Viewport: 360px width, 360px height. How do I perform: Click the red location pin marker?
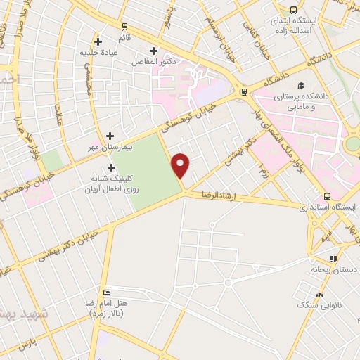pyautogui.click(x=181, y=165)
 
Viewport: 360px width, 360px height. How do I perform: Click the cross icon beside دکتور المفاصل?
pyautogui.click(x=154, y=50)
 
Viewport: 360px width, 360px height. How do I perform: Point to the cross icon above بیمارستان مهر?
pyautogui.click(x=110, y=136)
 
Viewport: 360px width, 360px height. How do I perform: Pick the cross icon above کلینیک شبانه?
pyautogui.click(x=111, y=167)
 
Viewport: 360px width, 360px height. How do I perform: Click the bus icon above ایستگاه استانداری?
pyautogui.click(x=327, y=196)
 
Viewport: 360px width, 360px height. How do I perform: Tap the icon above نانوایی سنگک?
pyautogui.click(x=320, y=295)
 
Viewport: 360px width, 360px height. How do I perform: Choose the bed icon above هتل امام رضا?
pyautogui.click(x=106, y=292)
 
